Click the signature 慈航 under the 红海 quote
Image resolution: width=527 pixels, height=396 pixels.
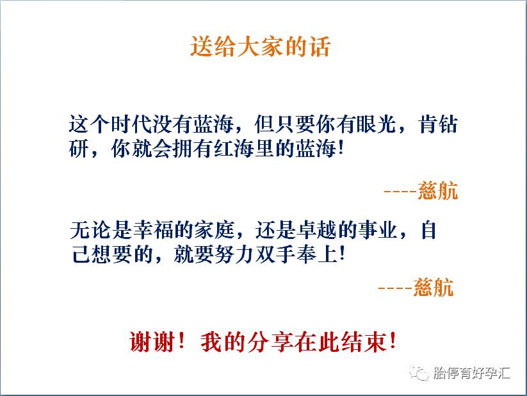[438, 191]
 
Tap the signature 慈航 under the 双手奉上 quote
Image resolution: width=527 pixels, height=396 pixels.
[434, 286]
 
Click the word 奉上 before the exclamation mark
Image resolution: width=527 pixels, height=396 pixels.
[316, 254]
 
